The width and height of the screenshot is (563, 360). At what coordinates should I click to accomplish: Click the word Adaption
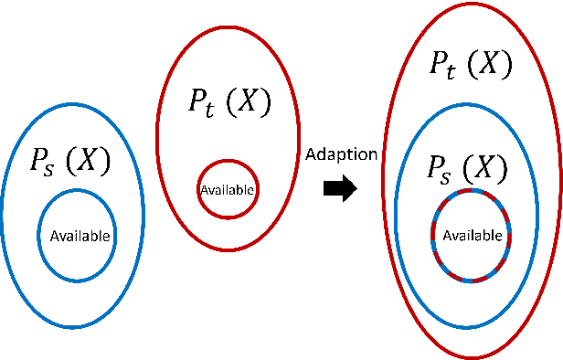[342, 154]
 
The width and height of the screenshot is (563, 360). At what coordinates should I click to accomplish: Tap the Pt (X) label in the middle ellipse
[229, 103]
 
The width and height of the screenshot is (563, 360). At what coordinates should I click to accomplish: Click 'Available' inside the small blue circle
[80, 236]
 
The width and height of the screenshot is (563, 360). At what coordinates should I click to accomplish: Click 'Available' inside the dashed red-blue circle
[473, 235]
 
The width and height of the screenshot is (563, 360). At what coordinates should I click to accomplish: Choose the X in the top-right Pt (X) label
[494, 64]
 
